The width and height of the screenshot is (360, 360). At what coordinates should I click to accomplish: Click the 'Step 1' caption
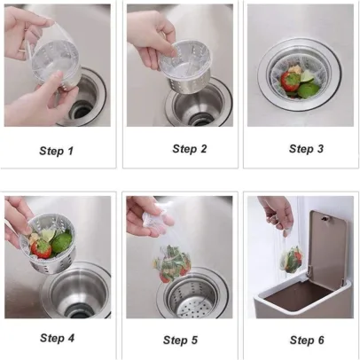tap(56, 151)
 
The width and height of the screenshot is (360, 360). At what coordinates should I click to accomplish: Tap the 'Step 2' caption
tap(190, 149)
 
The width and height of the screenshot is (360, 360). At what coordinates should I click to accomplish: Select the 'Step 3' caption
tap(306, 149)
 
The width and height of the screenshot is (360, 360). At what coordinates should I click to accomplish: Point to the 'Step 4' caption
tap(57, 338)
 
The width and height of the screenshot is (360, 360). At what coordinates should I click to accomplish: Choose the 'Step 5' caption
tap(180, 340)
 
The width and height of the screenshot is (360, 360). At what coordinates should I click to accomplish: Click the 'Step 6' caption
tap(307, 340)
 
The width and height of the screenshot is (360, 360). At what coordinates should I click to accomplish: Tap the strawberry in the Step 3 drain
tap(290, 82)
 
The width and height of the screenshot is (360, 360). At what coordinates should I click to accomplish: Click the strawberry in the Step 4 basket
tap(42, 248)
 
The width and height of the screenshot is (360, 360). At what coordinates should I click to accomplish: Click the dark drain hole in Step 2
tap(200, 120)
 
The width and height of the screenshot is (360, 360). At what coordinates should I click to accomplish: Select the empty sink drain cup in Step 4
tap(77, 291)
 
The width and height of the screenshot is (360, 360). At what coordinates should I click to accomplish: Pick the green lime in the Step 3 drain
tap(309, 89)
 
